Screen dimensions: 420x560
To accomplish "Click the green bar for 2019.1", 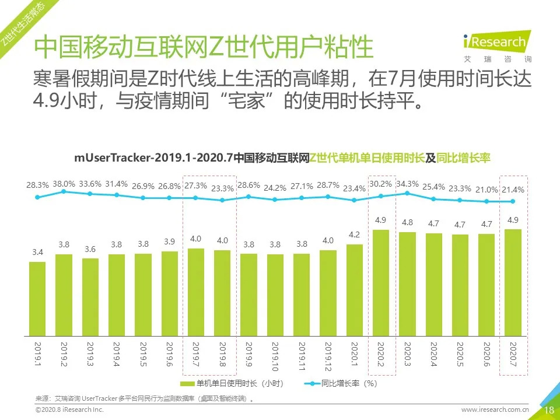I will pyautogui.click(x=37, y=299).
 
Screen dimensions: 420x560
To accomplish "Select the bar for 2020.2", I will pyautogui.click(x=380, y=283).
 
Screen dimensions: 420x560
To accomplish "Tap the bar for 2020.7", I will pyautogui.click(x=513, y=283).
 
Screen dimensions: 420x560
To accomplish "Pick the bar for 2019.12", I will pyautogui.click(x=328, y=293).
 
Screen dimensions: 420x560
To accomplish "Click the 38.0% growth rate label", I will pyautogui.click(x=64, y=183).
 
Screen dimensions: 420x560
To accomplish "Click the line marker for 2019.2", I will pyautogui.click(x=64, y=191).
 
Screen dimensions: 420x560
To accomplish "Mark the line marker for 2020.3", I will pyautogui.click(x=407, y=192).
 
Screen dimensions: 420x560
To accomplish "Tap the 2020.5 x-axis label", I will pyautogui.click(x=460, y=355).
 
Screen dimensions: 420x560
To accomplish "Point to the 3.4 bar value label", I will pyautogui.click(x=37, y=253).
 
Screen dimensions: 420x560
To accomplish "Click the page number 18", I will pyautogui.click(x=549, y=410).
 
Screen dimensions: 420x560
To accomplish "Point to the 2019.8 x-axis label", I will pyautogui.click(x=222, y=355).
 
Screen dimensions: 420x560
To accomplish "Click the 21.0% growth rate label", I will pyautogui.click(x=487, y=189).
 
